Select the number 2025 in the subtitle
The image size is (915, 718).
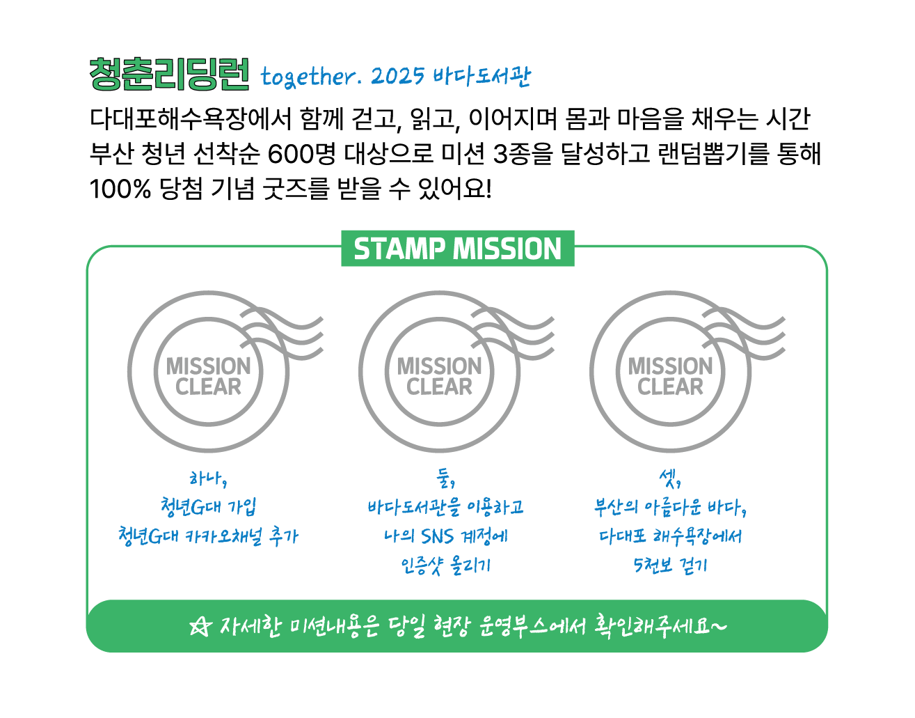397,76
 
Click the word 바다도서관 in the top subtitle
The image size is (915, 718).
481,76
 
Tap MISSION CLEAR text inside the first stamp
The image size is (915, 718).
208,376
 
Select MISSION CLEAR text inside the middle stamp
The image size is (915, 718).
439,376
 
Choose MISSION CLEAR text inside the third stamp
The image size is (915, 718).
670,376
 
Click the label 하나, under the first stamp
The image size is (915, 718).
208,479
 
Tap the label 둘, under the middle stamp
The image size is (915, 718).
445,479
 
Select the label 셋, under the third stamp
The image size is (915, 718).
669,479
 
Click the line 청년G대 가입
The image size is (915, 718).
208,507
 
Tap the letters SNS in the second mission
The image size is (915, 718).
437,537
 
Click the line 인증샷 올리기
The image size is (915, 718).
445,565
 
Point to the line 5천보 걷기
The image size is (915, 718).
670,565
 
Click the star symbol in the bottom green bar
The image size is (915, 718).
199,626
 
